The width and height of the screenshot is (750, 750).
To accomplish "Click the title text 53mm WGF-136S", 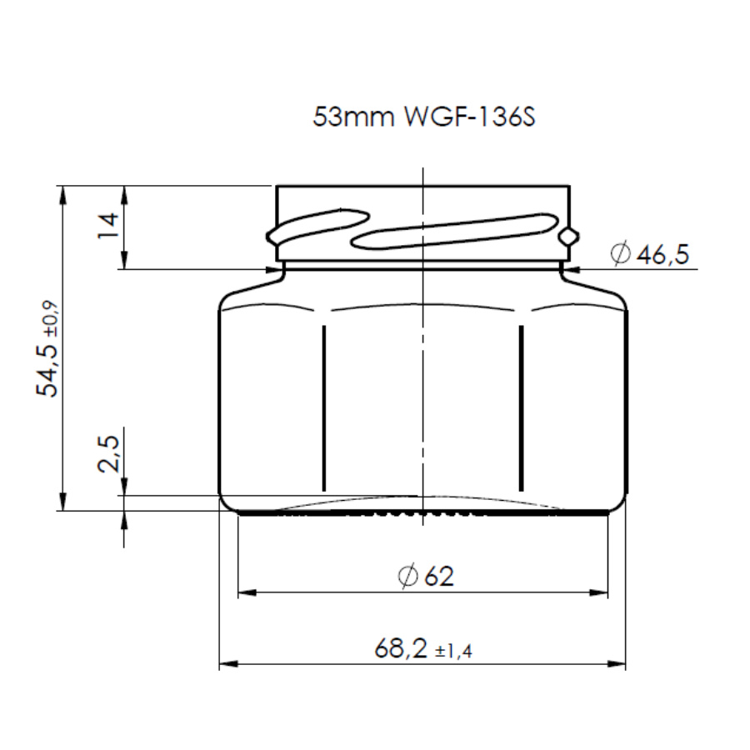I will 422,117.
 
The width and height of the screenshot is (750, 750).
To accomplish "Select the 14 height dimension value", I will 107,226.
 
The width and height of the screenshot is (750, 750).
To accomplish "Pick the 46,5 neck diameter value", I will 662,254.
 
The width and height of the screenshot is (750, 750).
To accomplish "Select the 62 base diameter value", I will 439,576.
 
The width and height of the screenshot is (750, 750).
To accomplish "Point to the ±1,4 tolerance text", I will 453,651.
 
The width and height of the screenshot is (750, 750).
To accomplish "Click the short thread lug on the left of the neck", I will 317,225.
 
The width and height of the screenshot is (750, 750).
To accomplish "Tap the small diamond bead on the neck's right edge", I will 568,236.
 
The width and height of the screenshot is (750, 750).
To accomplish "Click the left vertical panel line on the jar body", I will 323,408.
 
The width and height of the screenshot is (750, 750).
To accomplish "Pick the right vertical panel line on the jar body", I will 521,408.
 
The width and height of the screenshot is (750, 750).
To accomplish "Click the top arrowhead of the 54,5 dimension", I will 62,194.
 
